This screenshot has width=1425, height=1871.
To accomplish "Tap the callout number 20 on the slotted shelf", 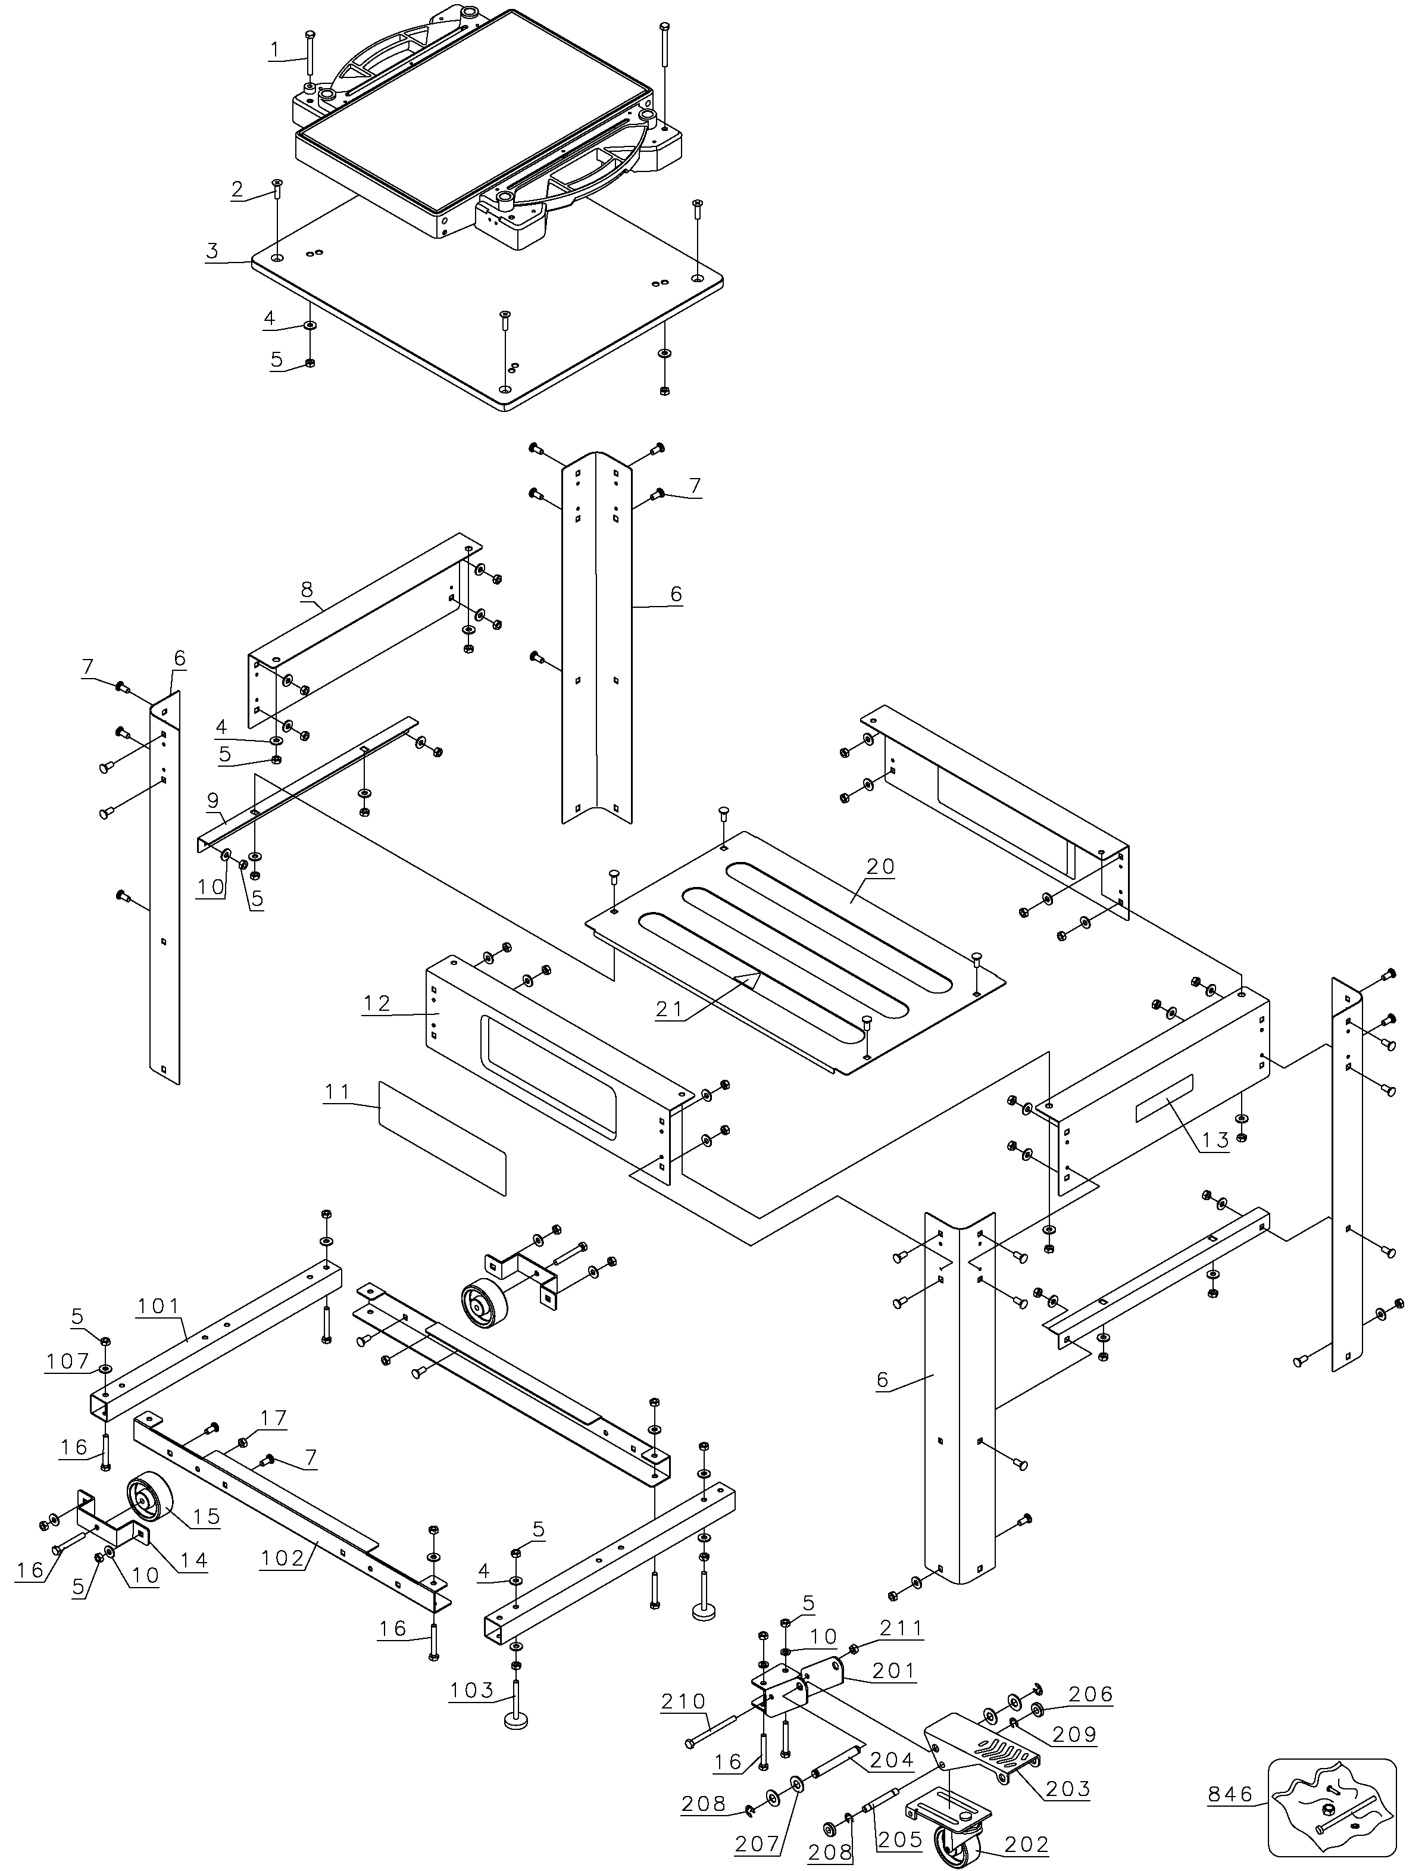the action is pyautogui.click(x=882, y=867).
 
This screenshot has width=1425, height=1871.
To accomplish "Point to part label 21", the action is pyautogui.click(x=668, y=1008).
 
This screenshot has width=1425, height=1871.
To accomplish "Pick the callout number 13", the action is pyautogui.click(x=1215, y=1140).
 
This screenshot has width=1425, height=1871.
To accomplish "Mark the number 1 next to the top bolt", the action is pyautogui.click(x=274, y=50).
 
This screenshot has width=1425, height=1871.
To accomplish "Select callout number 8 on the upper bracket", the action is pyautogui.click(x=307, y=589).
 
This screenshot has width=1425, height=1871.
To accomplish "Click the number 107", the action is pyautogui.click(x=68, y=1361).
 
